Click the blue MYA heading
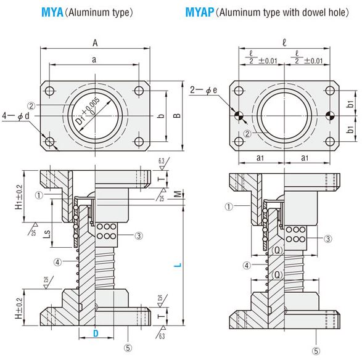[52, 12]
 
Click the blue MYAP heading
[200, 12]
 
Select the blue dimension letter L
[178, 265]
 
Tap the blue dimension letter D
[96, 333]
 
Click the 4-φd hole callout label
[15, 116]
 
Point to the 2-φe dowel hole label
[204, 90]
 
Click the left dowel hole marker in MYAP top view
[239, 115]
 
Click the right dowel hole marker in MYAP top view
[330, 115]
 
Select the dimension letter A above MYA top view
[95, 43]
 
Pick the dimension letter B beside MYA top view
[177, 115]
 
